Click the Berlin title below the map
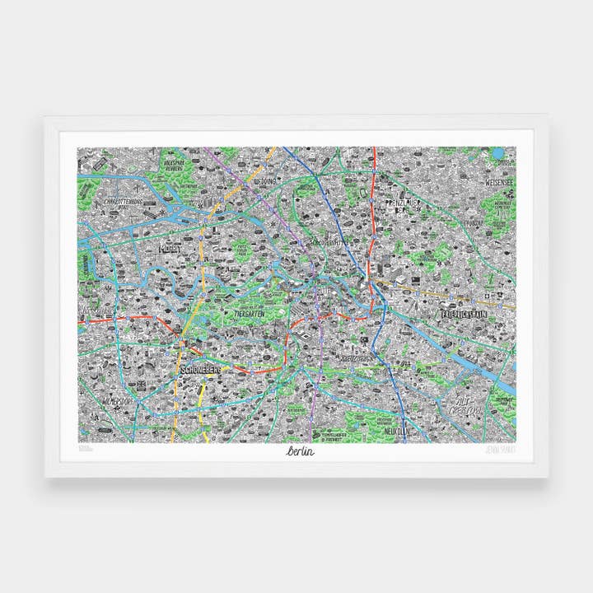[x=301, y=451]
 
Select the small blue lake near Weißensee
[x=497, y=153]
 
